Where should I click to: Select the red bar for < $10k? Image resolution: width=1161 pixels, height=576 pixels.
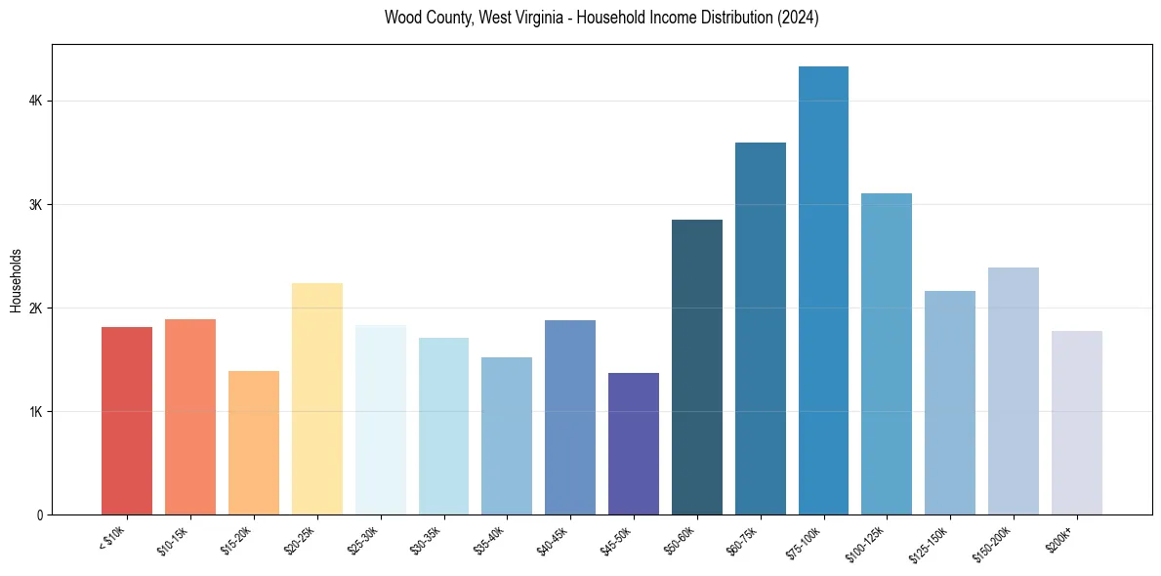tap(127, 421)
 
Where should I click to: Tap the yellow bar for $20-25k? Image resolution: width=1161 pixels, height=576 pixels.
tap(316, 399)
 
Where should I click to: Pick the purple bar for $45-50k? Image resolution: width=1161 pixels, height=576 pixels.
tap(633, 444)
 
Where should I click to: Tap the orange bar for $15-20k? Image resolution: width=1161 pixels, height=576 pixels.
tap(253, 443)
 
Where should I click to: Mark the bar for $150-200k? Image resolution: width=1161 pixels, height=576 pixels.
tap(1013, 391)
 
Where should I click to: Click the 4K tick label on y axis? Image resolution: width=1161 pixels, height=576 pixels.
tap(36, 101)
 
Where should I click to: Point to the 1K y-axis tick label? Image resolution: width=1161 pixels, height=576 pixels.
tap(36, 411)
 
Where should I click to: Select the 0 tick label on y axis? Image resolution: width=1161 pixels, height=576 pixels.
tap(40, 514)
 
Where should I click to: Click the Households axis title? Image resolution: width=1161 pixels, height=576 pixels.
tap(16, 280)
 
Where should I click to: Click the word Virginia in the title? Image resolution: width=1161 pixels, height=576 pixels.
tap(536, 18)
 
